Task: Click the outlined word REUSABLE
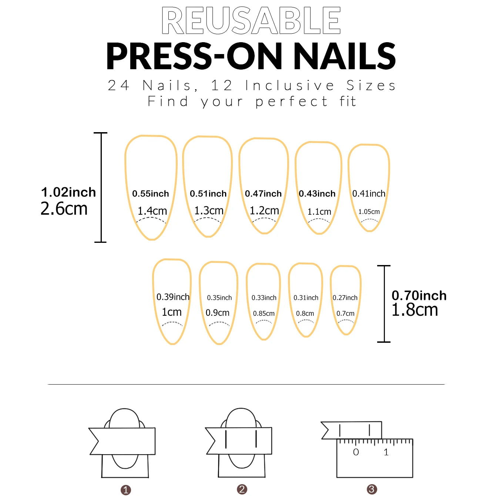(x=251, y=21)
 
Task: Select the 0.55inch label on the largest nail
(x=151, y=194)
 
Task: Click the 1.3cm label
(x=209, y=211)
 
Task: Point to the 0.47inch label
(x=263, y=194)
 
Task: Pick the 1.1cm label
(x=319, y=212)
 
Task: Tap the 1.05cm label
(x=369, y=212)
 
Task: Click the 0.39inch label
(x=173, y=297)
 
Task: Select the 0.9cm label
(x=217, y=313)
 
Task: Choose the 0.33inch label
(x=264, y=298)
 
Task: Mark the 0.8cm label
(x=305, y=314)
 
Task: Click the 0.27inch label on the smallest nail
(x=345, y=298)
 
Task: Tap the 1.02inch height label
(x=68, y=192)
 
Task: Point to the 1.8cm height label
(x=415, y=310)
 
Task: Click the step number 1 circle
(x=126, y=490)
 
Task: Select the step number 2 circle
(x=242, y=489)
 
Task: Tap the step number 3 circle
(x=372, y=489)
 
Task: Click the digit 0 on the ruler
(x=356, y=452)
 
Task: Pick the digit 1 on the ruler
(x=386, y=452)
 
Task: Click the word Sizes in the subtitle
(x=371, y=86)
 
